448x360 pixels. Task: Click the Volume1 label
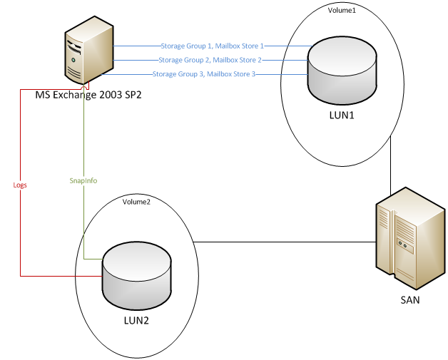click(x=341, y=11)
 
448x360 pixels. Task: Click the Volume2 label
click(x=136, y=202)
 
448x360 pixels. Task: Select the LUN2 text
click(x=136, y=320)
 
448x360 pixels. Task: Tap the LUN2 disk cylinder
click(x=136, y=274)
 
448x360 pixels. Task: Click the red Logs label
click(x=21, y=185)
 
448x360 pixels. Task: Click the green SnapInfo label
click(x=83, y=181)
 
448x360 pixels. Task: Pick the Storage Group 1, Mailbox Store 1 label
click(x=213, y=46)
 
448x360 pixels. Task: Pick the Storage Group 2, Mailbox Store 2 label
click(x=210, y=60)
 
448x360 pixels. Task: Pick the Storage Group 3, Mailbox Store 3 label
click(x=204, y=74)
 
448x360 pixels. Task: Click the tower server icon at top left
click(x=89, y=51)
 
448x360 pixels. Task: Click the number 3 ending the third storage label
click(x=253, y=74)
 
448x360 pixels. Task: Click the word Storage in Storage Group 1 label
click(x=173, y=46)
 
